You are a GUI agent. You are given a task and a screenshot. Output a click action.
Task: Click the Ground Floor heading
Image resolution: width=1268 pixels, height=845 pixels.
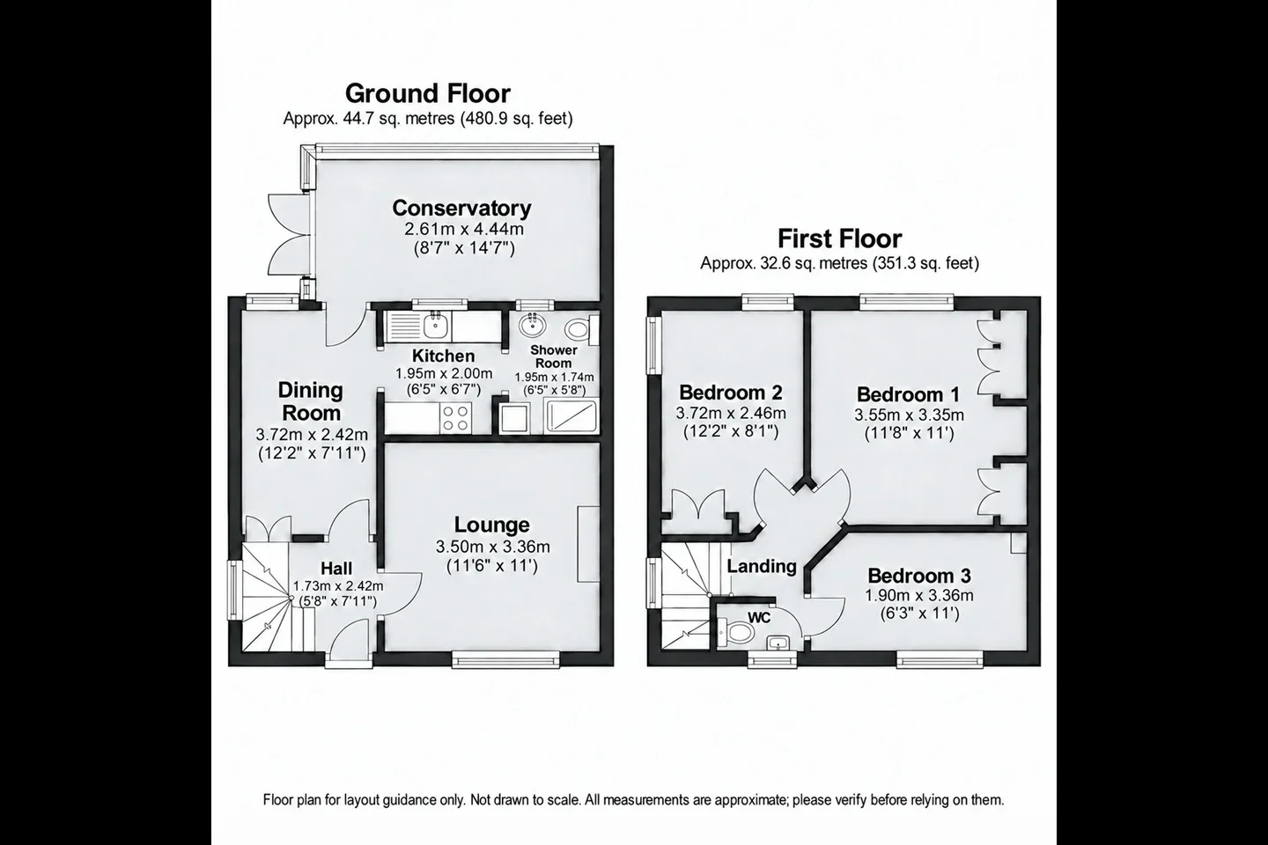point(428,93)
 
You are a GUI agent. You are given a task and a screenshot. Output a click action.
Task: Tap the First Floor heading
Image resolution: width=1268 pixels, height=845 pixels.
point(839,239)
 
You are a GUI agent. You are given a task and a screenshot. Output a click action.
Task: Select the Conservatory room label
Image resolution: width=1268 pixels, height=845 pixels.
point(461,208)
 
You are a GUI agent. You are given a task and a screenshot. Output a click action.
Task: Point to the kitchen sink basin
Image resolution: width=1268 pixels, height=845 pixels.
point(437,326)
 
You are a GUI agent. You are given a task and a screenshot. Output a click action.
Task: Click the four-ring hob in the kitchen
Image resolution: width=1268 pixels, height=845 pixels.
point(456,418)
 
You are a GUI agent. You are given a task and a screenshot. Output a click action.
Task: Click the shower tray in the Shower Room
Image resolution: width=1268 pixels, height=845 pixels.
point(571,416)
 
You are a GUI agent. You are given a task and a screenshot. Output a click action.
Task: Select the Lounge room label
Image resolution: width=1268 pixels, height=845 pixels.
point(492,525)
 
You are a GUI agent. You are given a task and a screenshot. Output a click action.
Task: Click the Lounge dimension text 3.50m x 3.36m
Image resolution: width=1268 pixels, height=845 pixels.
point(492,547)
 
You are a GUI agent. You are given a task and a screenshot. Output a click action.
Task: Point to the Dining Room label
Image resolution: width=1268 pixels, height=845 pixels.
point(312,401)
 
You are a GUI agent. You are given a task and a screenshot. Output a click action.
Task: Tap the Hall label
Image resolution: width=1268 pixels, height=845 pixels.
point(336,568)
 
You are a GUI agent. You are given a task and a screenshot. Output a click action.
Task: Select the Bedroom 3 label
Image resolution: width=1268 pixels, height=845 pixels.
point(918,576)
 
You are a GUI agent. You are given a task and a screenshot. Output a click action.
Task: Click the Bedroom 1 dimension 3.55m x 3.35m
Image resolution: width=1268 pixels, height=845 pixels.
point(909,415)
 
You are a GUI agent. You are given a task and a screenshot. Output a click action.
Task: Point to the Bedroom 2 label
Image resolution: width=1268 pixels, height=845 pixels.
point(731,392)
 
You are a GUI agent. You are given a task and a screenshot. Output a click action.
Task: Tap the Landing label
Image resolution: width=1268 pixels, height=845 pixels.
point(762,566)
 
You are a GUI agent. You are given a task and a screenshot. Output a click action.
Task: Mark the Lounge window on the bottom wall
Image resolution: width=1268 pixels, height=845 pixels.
point(505,658)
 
